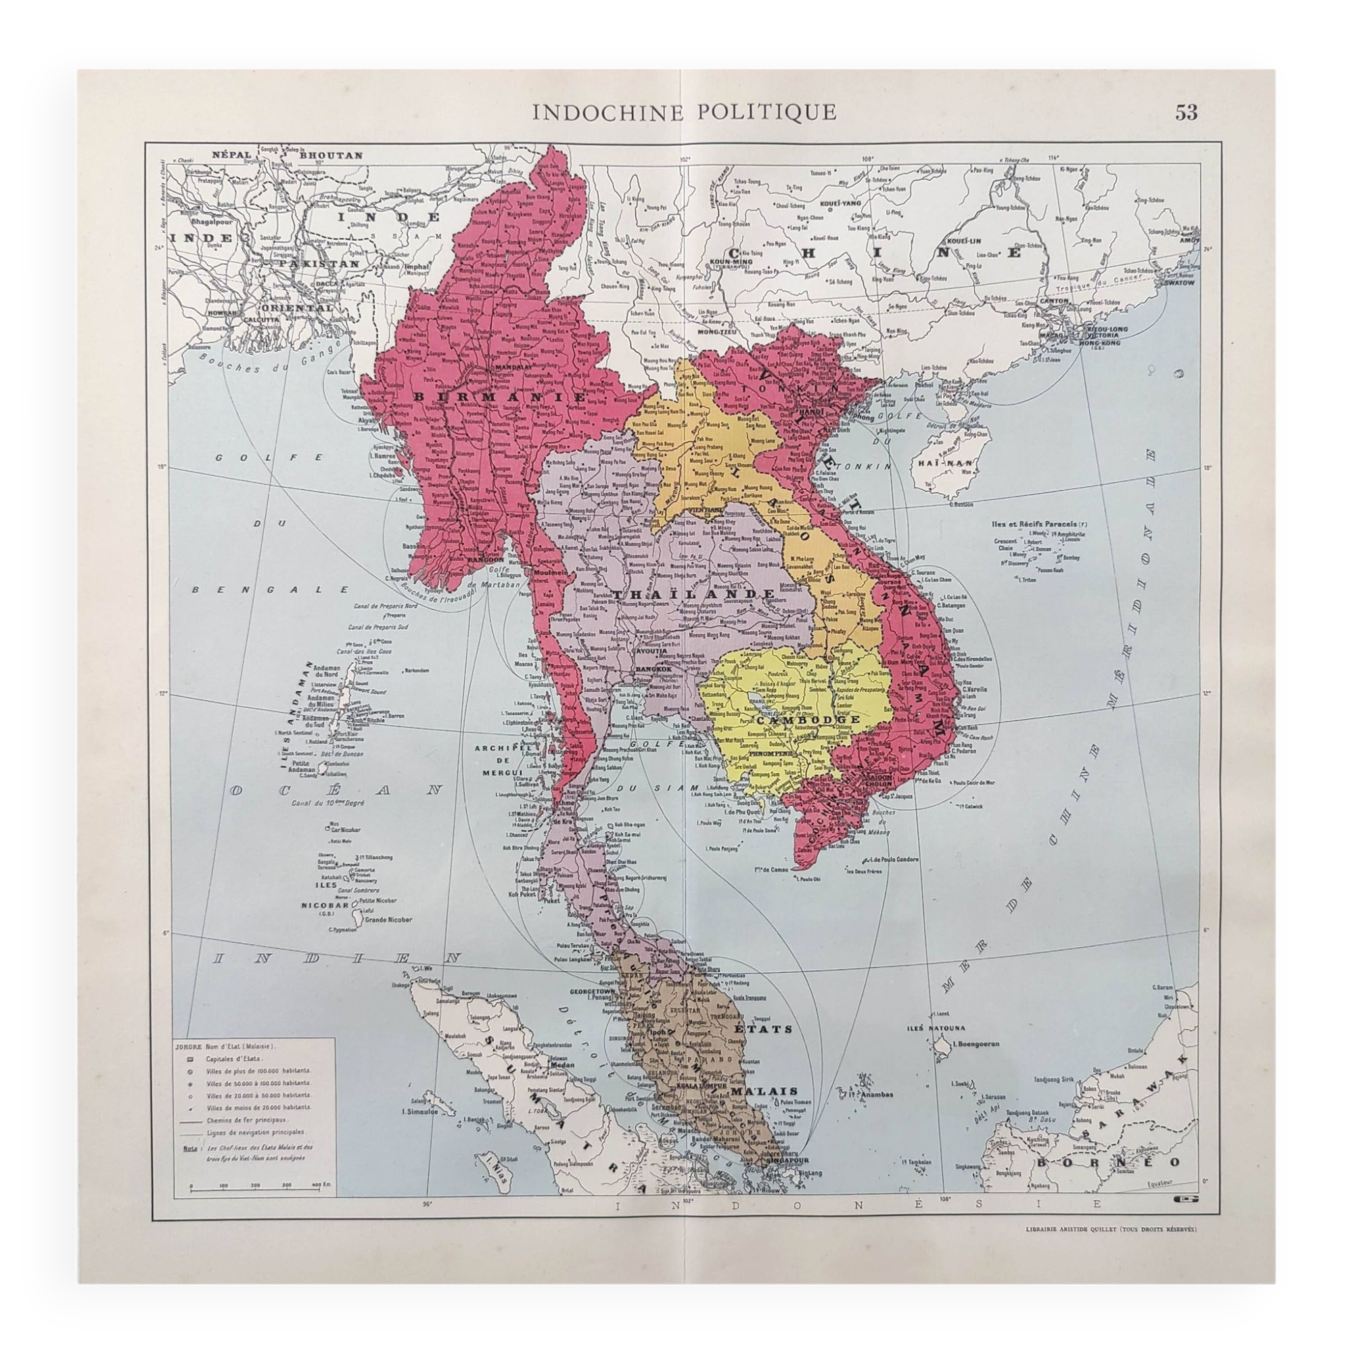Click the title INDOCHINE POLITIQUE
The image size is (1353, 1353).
pos(684,112)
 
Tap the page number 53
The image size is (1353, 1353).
pos(1187,112)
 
